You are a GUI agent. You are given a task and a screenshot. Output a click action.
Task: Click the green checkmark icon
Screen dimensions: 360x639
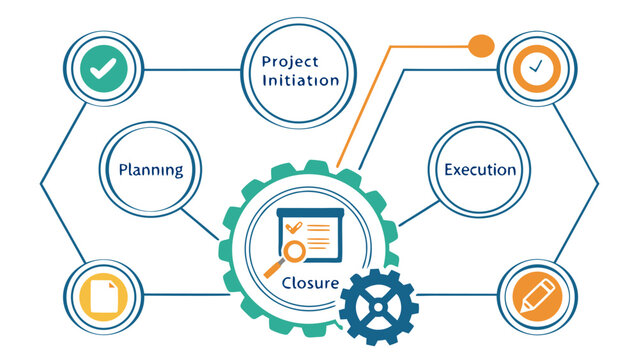pyautogui.click(x=100, y=69)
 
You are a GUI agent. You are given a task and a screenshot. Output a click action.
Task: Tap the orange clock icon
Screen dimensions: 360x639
pyautogui.click(x=538, y=69)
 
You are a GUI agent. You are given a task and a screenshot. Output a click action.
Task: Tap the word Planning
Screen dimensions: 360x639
pyautogui.click(x=150, y=169)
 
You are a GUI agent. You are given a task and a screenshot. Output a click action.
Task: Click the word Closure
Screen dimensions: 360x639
pyautogui.click(x=310, y=283)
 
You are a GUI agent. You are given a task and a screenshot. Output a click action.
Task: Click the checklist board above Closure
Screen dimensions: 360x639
pyautogui.click(x=310, y=232)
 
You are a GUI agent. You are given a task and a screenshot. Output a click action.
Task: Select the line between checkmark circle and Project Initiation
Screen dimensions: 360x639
pyautogui.click(x=190, y=69)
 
